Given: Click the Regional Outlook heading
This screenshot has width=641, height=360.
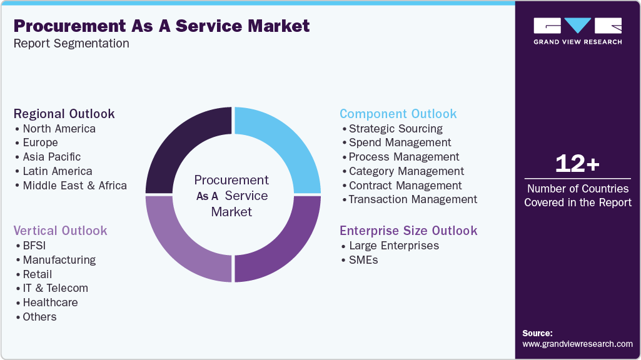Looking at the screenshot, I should [x=64, y=114].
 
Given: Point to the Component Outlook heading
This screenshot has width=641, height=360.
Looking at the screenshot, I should [x=398, y=114].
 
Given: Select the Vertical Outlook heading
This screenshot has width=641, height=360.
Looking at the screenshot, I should [x=61, y=231].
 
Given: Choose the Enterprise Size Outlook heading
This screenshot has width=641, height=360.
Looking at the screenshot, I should [x=408, y=231].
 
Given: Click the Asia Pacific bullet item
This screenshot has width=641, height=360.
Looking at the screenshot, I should [x=51, y=157].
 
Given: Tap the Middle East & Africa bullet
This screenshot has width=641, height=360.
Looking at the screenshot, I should [x=74, y=186].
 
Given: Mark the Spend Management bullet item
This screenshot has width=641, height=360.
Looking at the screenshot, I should [x=400, y=142].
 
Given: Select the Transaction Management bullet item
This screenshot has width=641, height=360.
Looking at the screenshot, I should [x=413, y=199].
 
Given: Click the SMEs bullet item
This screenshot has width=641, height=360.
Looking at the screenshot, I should [x=363, y=260].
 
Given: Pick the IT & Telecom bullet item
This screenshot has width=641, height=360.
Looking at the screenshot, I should [x=55, y=288].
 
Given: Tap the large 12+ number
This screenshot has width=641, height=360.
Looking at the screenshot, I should [x=577, y=164].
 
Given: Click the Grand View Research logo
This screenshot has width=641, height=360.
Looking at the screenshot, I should [x=577, y=31].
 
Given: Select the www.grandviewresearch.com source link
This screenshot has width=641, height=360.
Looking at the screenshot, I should [x=577, y=344].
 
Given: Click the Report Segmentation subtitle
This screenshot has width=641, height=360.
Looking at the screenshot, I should [x=71, y=44].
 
